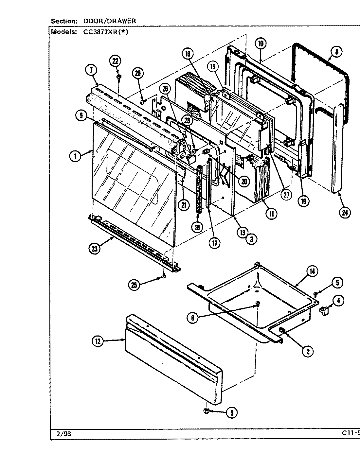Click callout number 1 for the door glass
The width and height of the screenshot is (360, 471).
point(75,156)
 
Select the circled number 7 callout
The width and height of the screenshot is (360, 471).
point(91,70)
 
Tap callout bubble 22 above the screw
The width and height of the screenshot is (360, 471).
point(115,61)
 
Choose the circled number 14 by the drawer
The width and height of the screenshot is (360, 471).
point(312,271)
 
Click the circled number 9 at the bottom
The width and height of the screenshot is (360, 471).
point(232,412)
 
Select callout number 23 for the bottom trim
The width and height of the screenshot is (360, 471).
point(95,249)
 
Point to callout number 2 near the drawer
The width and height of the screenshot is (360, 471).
point(307,351)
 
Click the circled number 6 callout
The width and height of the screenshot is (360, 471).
point(193,317)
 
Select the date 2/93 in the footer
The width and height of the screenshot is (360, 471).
point(62,434)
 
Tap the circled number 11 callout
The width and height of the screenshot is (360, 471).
point(271,214)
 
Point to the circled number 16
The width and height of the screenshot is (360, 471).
point(189,54)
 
